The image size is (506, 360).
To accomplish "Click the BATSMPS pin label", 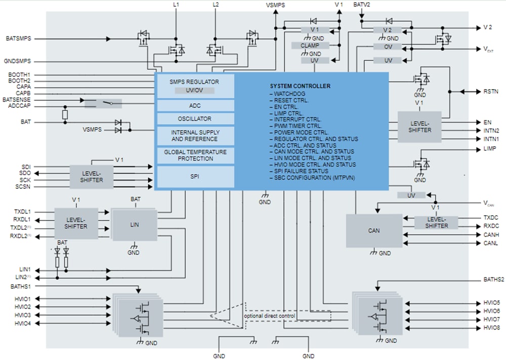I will point(19,38).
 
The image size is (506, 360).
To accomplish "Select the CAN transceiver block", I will point(374,231).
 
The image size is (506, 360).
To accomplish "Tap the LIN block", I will point(135,224).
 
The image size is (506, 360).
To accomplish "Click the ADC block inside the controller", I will point(195,106).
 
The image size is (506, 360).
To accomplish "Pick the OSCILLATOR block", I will point(195,119).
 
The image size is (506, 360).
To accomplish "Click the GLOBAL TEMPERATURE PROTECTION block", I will point(195,155).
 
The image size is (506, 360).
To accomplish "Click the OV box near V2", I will point(388,47).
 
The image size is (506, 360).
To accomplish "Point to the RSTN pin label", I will point(490,92).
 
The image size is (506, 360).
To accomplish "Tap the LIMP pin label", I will point(489,149).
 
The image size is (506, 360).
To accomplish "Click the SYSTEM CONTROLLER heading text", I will point(300,86).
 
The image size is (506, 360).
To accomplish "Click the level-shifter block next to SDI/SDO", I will point(92,177).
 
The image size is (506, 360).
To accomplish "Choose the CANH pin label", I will point(491,235).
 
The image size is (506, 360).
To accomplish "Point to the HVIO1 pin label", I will point(23,299).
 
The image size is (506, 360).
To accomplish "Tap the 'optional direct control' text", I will point(270,316).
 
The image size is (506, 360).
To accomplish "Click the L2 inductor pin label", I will point(216,5).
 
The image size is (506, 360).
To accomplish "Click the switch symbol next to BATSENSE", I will point(107,103).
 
